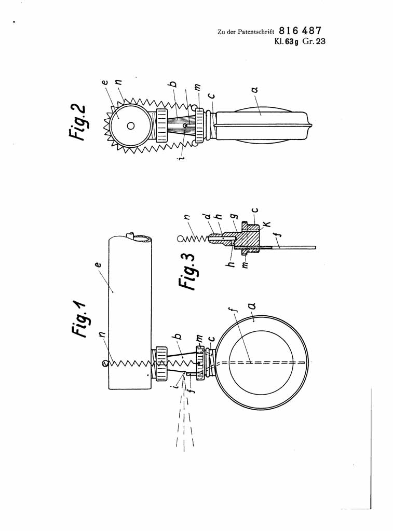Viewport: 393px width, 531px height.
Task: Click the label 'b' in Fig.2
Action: point(173,83)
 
